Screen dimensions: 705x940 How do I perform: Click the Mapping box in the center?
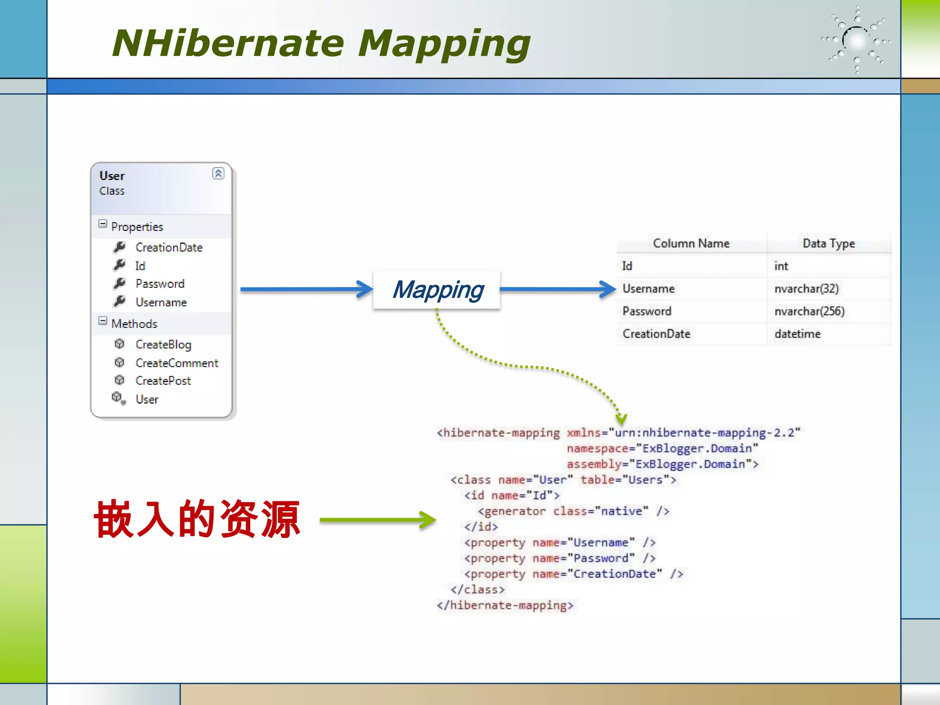point(437,290)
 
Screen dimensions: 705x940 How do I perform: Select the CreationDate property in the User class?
point(168,247)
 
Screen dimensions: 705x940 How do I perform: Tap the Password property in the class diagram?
point(160,284)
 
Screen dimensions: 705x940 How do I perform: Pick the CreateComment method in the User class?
point(177,363)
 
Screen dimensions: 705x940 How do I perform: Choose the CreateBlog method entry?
point(163,344)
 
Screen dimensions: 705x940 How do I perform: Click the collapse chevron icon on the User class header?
point(218,173)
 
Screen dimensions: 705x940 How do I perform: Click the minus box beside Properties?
point(103,224)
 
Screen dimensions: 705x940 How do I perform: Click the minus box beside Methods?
point(103,321)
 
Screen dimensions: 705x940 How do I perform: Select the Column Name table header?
point(691,243)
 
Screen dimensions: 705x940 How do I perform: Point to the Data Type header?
point(828,243)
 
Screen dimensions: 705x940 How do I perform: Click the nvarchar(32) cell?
point(806,289)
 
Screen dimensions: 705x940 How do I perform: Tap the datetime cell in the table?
point(797,334)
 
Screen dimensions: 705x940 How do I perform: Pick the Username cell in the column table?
point(648,289)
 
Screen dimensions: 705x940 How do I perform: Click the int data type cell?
point(781,266)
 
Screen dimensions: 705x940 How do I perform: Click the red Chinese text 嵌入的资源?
point(197,519)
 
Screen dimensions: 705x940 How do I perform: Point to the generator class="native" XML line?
point(573,511)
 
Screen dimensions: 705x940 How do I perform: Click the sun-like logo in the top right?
point(856,40)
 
